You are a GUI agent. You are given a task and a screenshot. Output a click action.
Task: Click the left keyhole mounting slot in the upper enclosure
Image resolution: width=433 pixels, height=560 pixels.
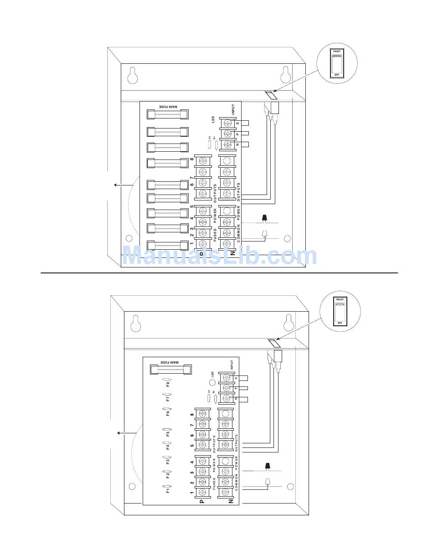[132, 76]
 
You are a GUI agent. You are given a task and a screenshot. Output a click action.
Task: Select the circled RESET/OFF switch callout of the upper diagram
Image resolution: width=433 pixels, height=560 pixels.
[337, 63]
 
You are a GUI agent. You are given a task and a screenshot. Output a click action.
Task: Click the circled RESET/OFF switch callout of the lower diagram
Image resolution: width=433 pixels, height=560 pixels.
[340, 311]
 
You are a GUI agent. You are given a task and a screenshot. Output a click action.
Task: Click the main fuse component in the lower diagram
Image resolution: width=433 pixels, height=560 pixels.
[168, 370]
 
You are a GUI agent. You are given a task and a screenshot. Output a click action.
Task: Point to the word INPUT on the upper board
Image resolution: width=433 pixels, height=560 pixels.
[233, 110]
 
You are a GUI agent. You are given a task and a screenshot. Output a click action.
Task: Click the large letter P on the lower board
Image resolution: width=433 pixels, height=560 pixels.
[202, 501]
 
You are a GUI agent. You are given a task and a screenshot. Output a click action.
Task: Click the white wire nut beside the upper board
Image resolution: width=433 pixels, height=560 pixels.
[263, 234]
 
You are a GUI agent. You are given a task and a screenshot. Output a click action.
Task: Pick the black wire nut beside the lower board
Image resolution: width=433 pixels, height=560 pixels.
[268, 466]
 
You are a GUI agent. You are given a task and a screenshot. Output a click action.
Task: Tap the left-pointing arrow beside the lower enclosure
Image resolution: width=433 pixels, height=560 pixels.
[122, 433]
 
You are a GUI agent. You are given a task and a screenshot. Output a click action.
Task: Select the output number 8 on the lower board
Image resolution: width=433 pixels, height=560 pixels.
[192, 415]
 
